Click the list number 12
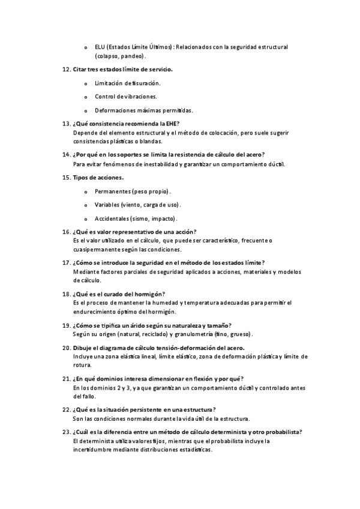click(x=66, y=70)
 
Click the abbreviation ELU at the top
click(x=100, y=47)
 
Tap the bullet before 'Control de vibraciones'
click(x=86, y=97)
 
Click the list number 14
click(x=66, y=155)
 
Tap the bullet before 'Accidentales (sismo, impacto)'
click(x=86, y=218)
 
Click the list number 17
click(x=66, y=262)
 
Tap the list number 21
click(x=66, y=379)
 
